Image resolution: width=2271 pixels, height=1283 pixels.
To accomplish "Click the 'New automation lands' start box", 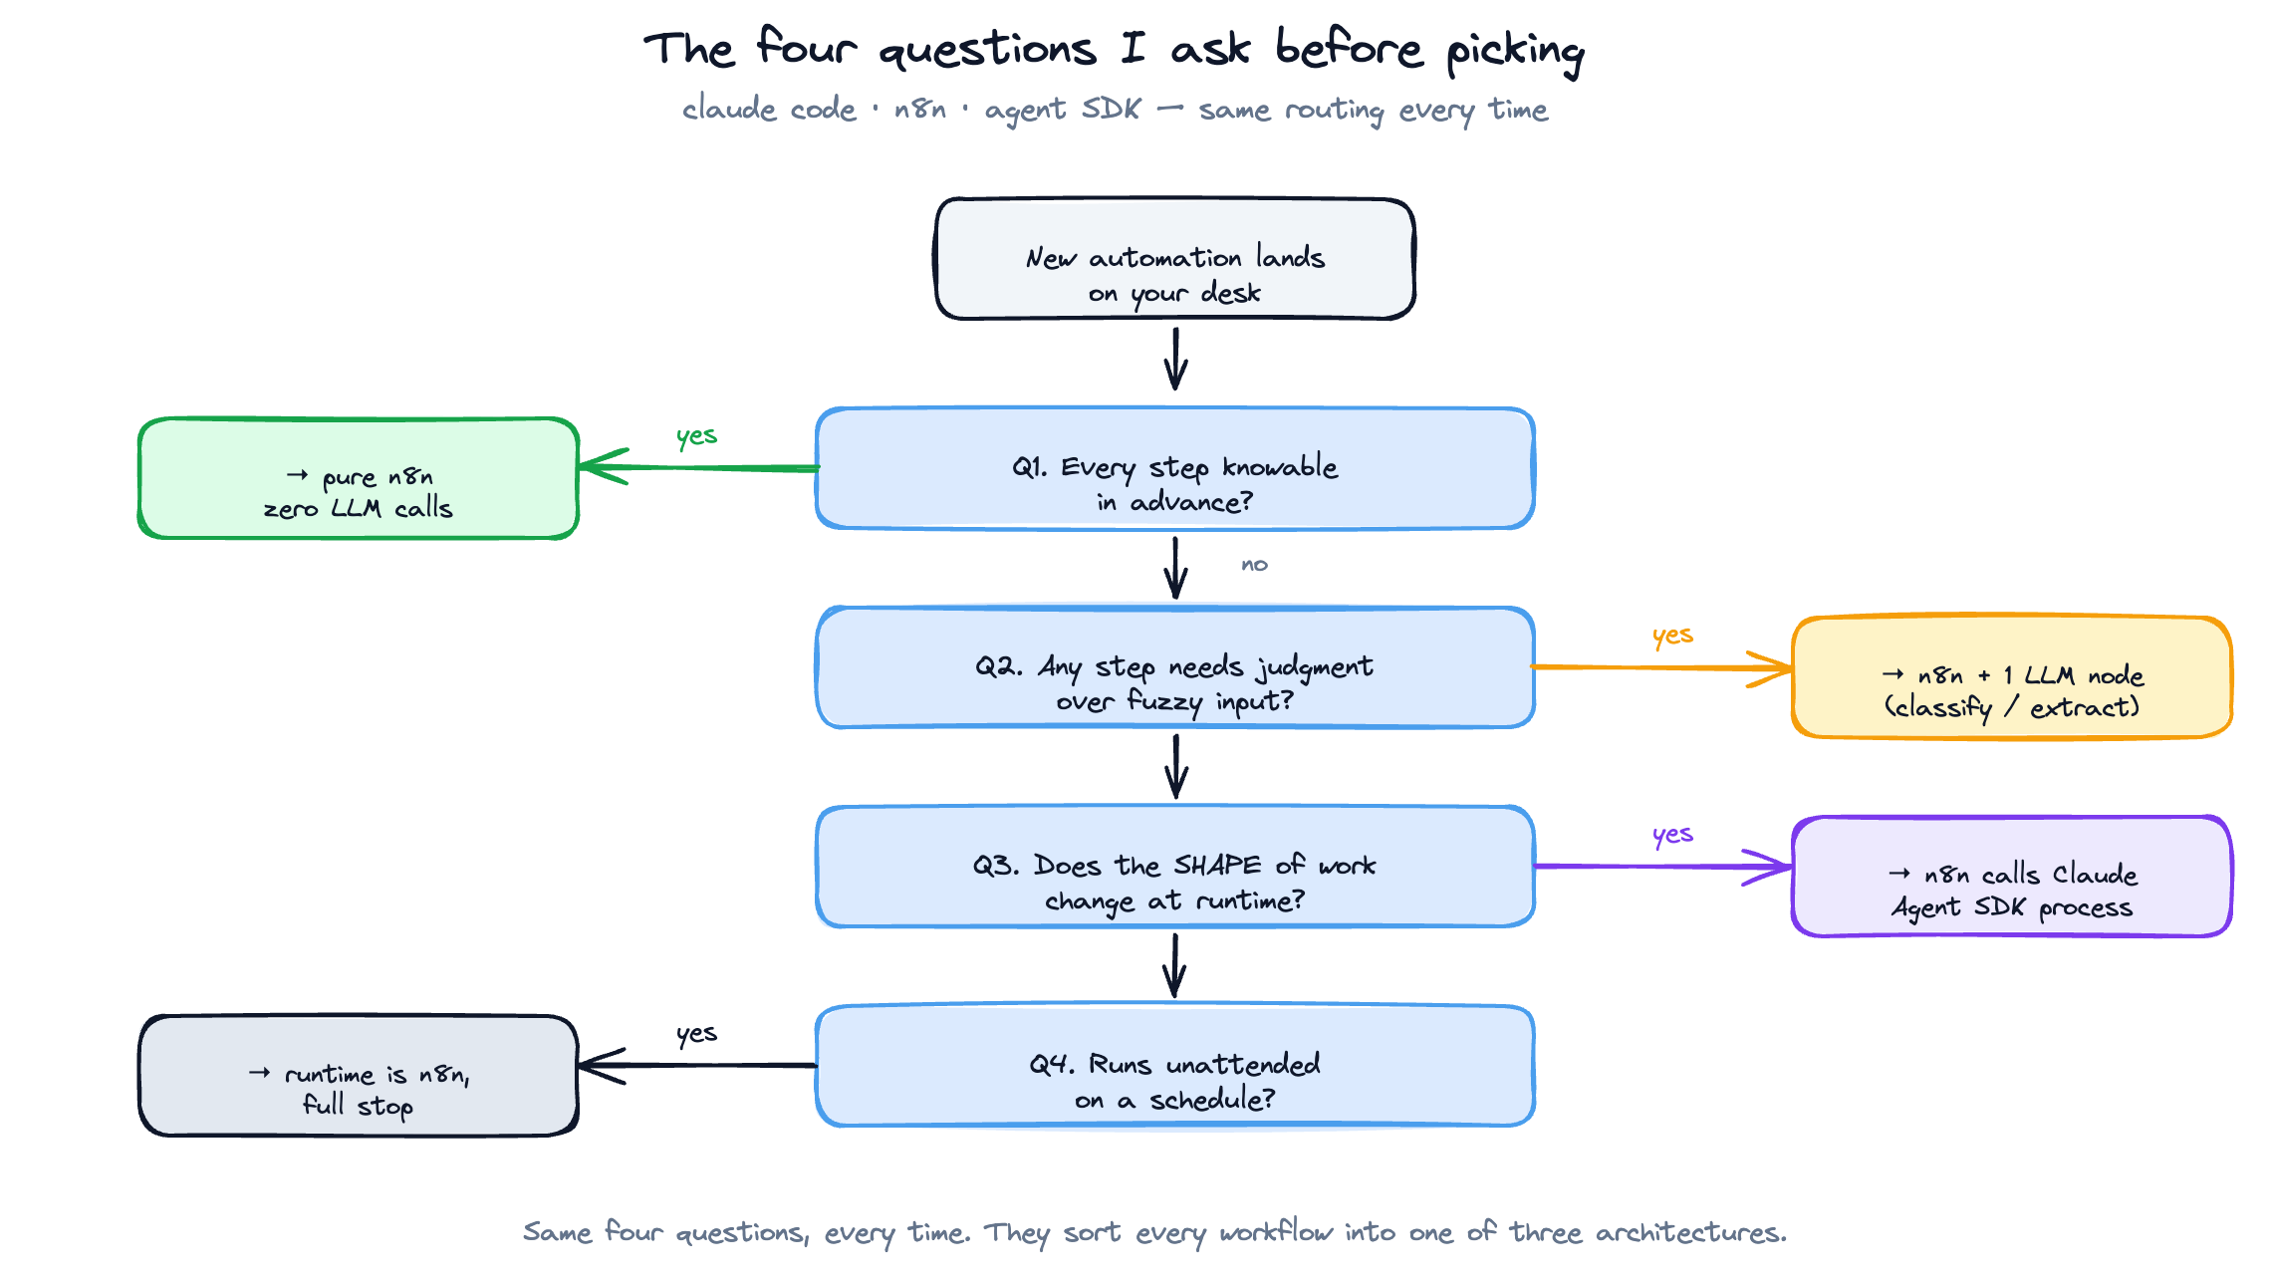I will pos(1175,259).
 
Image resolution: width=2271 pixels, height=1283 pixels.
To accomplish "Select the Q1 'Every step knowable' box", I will pos(1175,468).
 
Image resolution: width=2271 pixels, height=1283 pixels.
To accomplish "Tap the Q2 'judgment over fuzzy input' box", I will pos(1175,667).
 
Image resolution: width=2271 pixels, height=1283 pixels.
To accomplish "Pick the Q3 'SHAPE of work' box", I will pos(1175,867).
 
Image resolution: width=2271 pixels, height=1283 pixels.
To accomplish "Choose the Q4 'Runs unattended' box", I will pos(1175,1066).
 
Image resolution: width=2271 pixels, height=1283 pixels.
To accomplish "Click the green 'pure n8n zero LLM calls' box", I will pos(359,479).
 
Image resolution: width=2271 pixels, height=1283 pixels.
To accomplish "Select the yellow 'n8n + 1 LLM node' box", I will pos(2012,677).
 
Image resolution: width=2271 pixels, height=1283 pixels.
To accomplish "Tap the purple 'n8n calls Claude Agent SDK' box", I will pos(2012,877).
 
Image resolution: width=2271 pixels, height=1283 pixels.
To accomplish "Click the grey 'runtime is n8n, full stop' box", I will pos(359,1076).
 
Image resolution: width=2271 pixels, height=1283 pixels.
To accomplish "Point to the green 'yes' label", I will pos(696,436).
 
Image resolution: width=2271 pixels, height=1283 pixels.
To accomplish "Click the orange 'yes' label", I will pos(1672,636).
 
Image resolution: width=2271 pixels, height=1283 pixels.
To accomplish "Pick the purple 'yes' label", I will pos(1672,835).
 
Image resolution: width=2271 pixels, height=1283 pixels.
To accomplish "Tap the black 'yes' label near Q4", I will pos(696,1034).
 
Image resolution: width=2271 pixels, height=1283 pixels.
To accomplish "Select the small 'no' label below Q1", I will pos(1254,565).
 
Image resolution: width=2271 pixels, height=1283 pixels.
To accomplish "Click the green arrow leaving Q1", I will pos(697,467).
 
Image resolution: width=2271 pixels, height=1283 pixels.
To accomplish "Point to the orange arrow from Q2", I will pos(1663,667).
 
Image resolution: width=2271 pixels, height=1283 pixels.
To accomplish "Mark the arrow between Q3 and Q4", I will pos(1175,964).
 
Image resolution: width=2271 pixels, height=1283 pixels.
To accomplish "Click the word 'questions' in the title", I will pos(987,50).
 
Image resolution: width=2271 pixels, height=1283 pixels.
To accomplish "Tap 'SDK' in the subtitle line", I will pos(1111,109).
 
